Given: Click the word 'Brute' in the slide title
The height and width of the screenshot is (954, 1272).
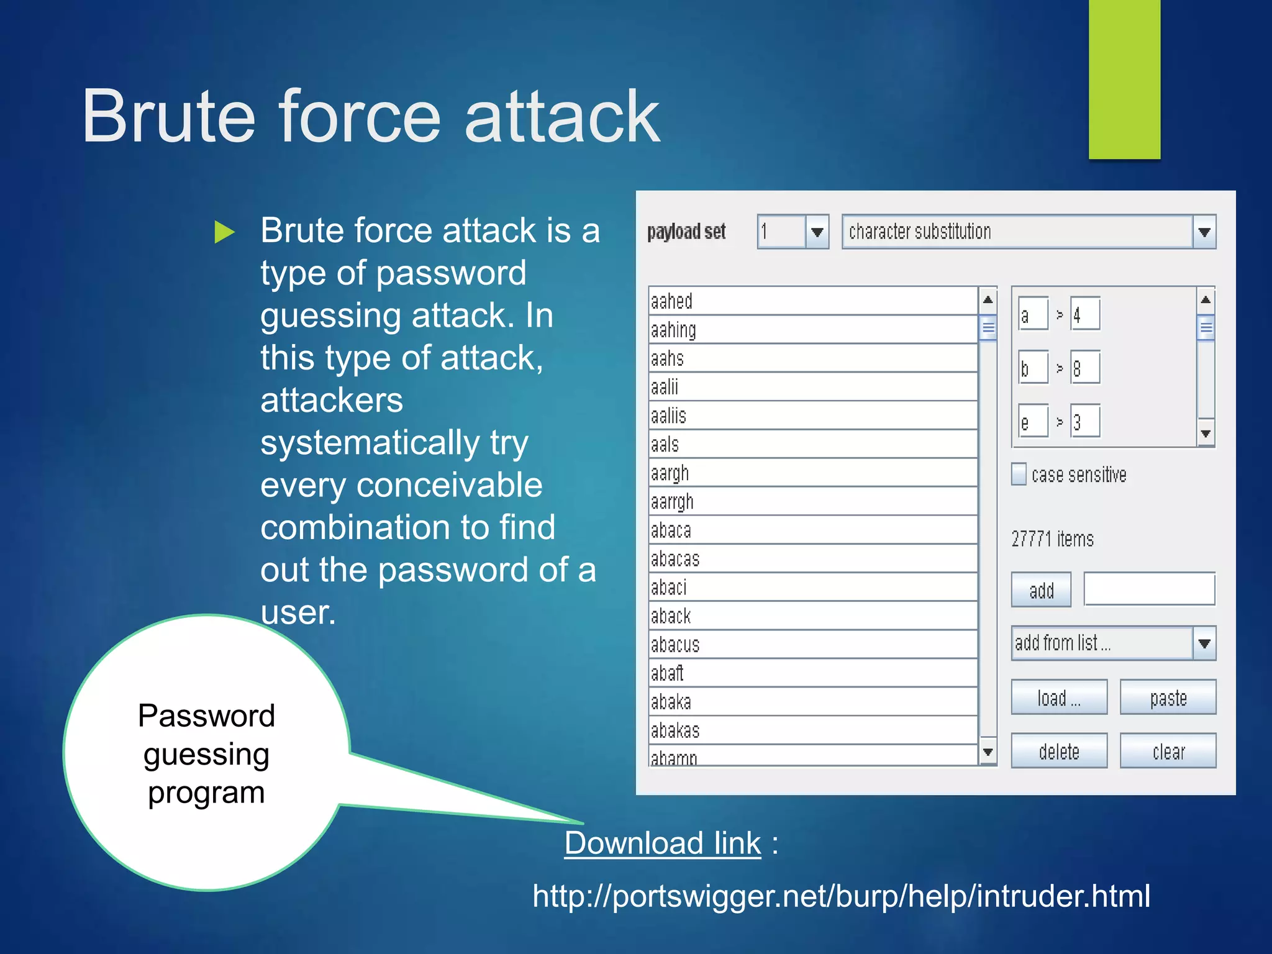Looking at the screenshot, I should coord(168,116).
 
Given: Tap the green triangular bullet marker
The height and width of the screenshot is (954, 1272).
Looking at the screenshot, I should coord(224,232).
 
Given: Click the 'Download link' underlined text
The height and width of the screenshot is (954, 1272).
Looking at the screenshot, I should coord(662,843).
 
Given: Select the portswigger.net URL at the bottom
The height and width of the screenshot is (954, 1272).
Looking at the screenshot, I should coord(841,896).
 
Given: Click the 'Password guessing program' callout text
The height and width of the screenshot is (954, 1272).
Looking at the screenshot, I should coord(206,753).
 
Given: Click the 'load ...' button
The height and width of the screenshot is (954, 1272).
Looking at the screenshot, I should coord(1058,697).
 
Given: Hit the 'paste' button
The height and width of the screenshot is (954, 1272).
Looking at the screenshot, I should coord(1168,697).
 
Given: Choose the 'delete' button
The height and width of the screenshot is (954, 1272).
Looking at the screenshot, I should coord(1058,752).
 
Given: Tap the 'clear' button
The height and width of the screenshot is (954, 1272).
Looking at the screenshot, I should coord(1168,752).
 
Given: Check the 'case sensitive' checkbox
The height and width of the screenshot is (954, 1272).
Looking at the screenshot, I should coord(1019,475).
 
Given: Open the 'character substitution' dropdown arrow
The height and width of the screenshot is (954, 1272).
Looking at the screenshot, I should coord(1204,232).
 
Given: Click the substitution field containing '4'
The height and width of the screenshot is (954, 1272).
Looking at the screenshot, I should coord(1085,315).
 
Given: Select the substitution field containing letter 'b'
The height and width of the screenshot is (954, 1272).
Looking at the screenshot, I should coord(1033,368).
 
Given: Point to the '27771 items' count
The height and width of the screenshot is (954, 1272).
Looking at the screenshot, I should coord(1052,538).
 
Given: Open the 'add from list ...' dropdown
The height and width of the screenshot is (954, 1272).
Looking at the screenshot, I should coord(1204,643).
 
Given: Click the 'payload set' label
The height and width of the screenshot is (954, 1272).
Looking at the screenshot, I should coord(686,232).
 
